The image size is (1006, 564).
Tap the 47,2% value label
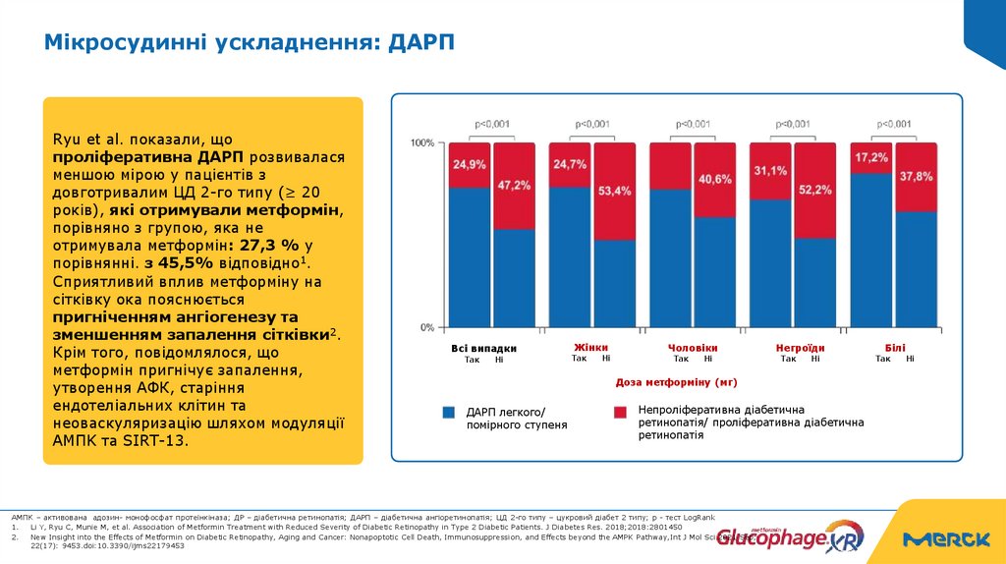(514, 184)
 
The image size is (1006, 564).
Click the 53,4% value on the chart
(614, 190)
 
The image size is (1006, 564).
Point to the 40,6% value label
(714, 179)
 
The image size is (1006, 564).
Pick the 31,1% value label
(770, 170)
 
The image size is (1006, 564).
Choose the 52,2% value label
(814, 190)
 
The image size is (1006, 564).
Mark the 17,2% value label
(870, 157)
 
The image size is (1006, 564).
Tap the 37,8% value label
(915, 176)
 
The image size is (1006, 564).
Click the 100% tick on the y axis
(421, 143)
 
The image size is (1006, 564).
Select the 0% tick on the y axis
(426, 327)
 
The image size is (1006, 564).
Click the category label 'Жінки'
(591, 347)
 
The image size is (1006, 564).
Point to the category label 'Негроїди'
(800, 348)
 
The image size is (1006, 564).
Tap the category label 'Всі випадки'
(483, 348)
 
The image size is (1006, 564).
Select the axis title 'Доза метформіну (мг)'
(676, 381)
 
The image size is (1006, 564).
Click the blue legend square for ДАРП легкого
(449, 413)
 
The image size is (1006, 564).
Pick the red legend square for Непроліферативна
(620, 413)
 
